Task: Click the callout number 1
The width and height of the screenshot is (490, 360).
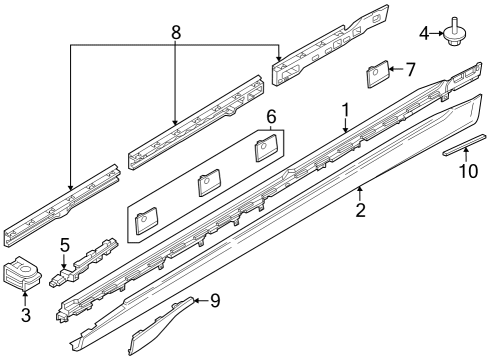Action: [345, 109]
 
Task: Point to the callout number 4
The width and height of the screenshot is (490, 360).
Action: [424, 34]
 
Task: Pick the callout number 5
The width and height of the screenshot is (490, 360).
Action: [65, 244]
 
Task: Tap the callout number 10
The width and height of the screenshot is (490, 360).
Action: [462, 172]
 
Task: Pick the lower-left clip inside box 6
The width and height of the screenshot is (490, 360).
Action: [146, 218]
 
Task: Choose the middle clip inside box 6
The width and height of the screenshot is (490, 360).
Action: [208, 184]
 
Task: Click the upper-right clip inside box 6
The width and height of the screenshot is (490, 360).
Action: [264, 150]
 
